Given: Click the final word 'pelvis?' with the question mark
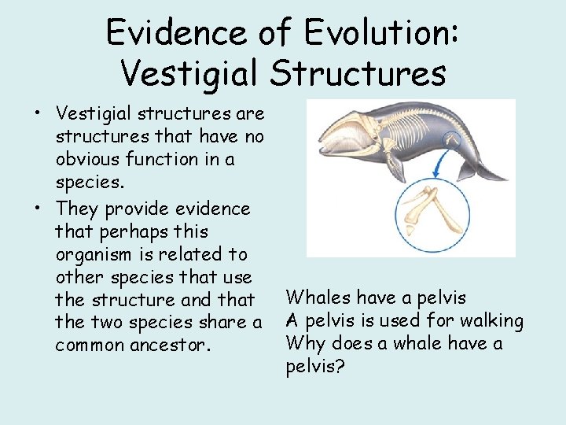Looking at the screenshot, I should pyautogui.click(x=311, y=366).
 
